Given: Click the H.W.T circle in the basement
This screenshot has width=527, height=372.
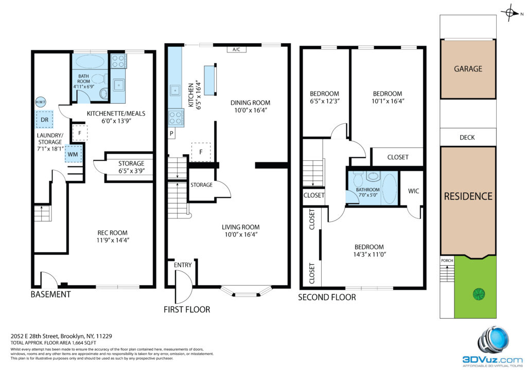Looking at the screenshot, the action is [41, 102].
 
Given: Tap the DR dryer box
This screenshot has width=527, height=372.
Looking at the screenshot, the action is [44, 120].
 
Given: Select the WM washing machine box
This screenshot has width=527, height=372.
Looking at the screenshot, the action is [73, 154].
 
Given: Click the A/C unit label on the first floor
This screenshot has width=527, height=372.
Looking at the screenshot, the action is [236, 50].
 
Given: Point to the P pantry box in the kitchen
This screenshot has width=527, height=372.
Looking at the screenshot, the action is [171, 134].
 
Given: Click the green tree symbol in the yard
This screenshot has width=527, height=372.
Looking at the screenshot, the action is [479, 294].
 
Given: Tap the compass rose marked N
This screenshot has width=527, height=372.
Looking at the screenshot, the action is [510, 13].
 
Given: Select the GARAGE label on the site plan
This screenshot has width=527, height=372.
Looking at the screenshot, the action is [468, 69].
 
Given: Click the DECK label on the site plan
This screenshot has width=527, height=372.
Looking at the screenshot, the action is [467, 138].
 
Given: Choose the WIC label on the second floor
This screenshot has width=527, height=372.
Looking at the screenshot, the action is [413, 191].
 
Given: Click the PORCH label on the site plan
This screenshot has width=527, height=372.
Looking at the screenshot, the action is [447, 261].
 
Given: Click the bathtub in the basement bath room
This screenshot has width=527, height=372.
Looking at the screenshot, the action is [90, 62].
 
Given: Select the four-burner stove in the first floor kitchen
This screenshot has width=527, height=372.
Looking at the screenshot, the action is [176, 118].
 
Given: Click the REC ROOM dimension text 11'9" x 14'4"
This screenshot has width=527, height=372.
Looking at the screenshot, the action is [113, 240].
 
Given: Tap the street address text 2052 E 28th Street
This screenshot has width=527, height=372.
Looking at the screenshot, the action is [35, 336].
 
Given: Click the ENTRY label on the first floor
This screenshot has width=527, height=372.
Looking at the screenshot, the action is [183, 265].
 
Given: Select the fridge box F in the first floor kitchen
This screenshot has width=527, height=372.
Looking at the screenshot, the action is [201, 152].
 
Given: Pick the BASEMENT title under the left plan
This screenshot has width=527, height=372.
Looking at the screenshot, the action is [51, 294].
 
